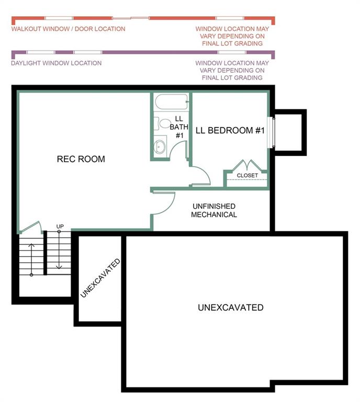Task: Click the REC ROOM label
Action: [81, 159]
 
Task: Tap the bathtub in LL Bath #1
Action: [172, 102]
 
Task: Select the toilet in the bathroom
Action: [162, 124]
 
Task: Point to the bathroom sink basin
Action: [160, 146]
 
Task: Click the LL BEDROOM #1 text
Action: [230, 130]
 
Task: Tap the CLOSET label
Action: [248, 175]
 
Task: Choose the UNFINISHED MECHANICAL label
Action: [214, 210]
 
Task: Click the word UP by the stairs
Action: [60, 226]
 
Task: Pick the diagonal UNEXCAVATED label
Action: [100, 278]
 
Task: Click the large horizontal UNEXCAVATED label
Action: [231, 307]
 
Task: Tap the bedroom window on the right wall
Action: [271, 132]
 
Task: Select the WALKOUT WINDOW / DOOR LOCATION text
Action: [68, 29]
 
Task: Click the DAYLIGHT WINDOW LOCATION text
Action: [57, 63]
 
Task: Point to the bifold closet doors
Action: [247, 165]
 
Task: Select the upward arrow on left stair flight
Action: [31, 259]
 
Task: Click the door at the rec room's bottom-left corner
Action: [30, 227]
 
